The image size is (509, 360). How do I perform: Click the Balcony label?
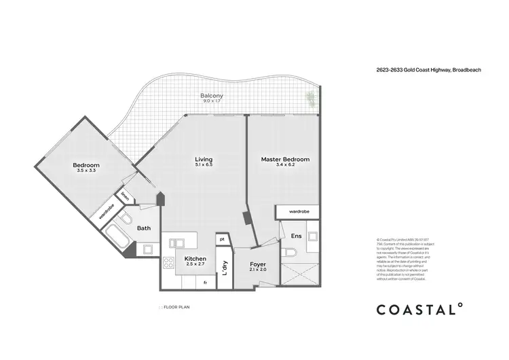click(212, 96)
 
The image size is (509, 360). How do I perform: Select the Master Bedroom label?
click(285, 160)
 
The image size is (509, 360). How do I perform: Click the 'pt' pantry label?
click(222, 239)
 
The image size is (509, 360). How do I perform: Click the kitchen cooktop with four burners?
click(168, 264)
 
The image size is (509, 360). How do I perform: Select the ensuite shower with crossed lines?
click(298, 274)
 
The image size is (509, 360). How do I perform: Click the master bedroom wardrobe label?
click(299, 212)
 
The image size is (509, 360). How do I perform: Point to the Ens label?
click(296, 236)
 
